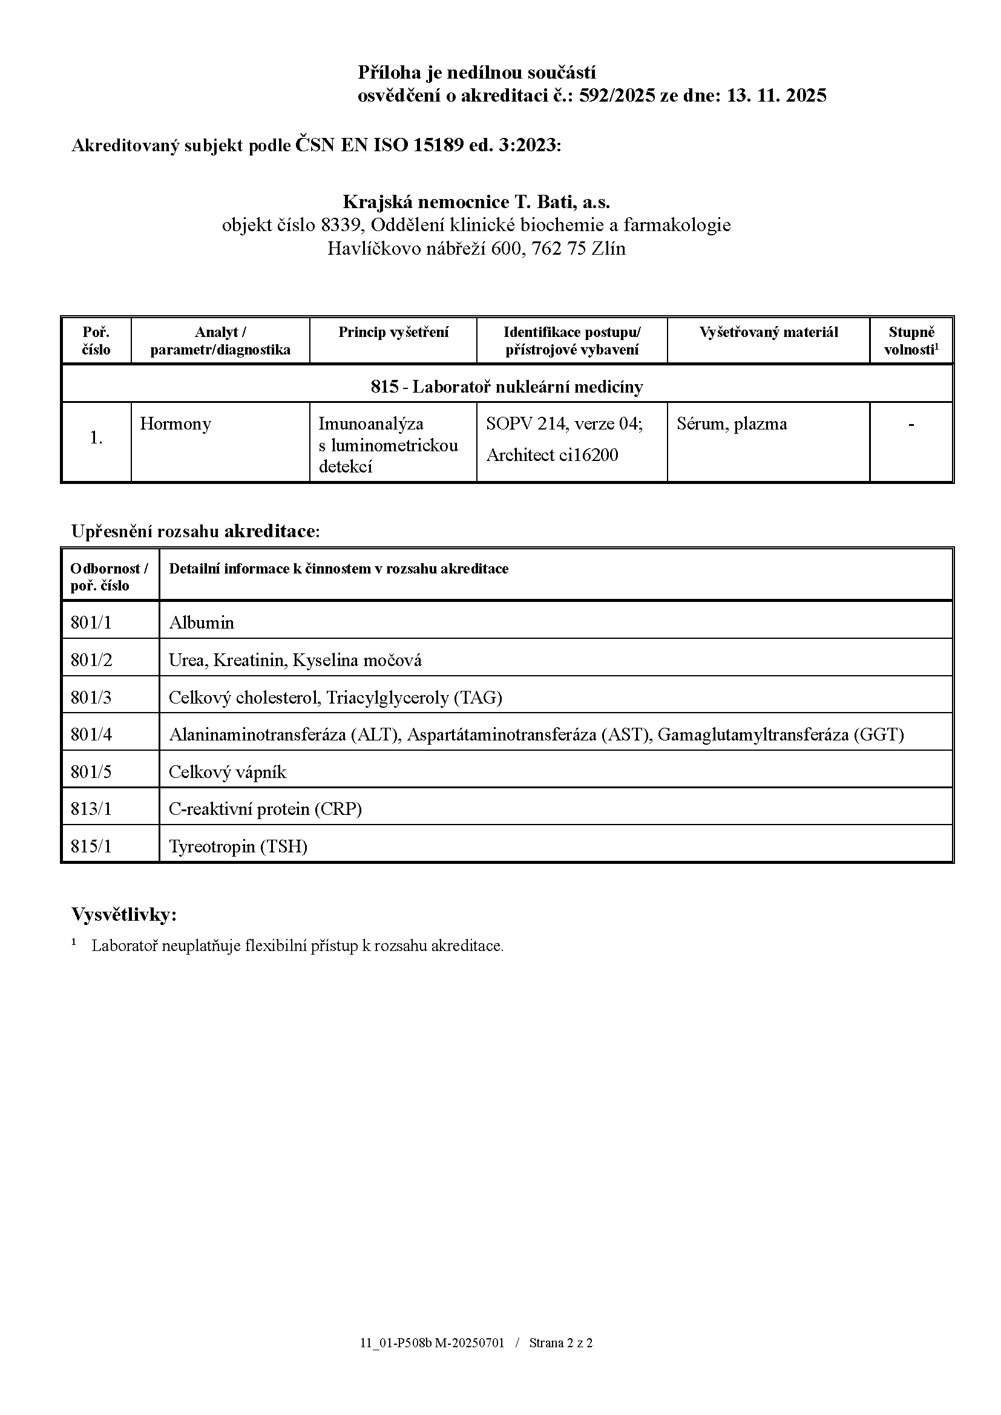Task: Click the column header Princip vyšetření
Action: (x=393, y=333)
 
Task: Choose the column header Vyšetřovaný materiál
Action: (x=769, y=333)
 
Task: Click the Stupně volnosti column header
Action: (x=911, y=341)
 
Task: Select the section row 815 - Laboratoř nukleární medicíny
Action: (x=507, y=387)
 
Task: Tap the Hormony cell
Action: (x=176, y=424)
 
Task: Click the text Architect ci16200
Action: (x=552, y=455)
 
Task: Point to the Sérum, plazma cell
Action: (x=732, y=424)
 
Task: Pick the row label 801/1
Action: (x=91, y=623)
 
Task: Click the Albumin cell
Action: (x=202, y=623)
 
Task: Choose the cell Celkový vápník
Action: (x=228, y=772)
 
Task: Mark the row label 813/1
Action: (x=91, y=809)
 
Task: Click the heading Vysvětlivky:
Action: (x=124, y=915)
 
